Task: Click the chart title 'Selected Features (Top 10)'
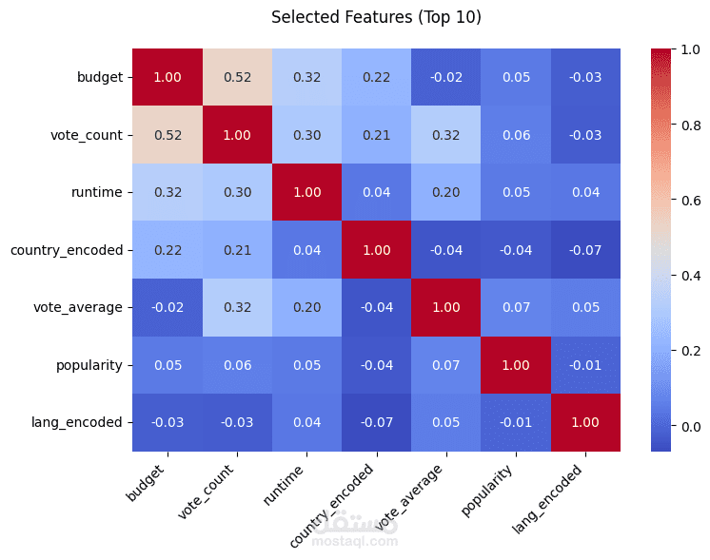[x=376, y=17]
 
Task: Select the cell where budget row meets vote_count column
[x=237, y=77]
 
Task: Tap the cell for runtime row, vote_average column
[x=445, y=192]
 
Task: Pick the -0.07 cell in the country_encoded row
[x=584, y=250]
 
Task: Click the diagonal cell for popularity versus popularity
[x=515, y=365]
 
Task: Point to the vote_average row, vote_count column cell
[x=237, y=307]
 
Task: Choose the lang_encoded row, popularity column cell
[x=515, y=422]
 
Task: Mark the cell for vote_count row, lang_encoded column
[x=584, y=135]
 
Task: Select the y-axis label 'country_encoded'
[x=67, y=250]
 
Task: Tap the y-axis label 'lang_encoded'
[x=82, y=422]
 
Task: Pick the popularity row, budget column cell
[x=168, y=365]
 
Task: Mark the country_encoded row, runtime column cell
[x=306, y=250]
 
